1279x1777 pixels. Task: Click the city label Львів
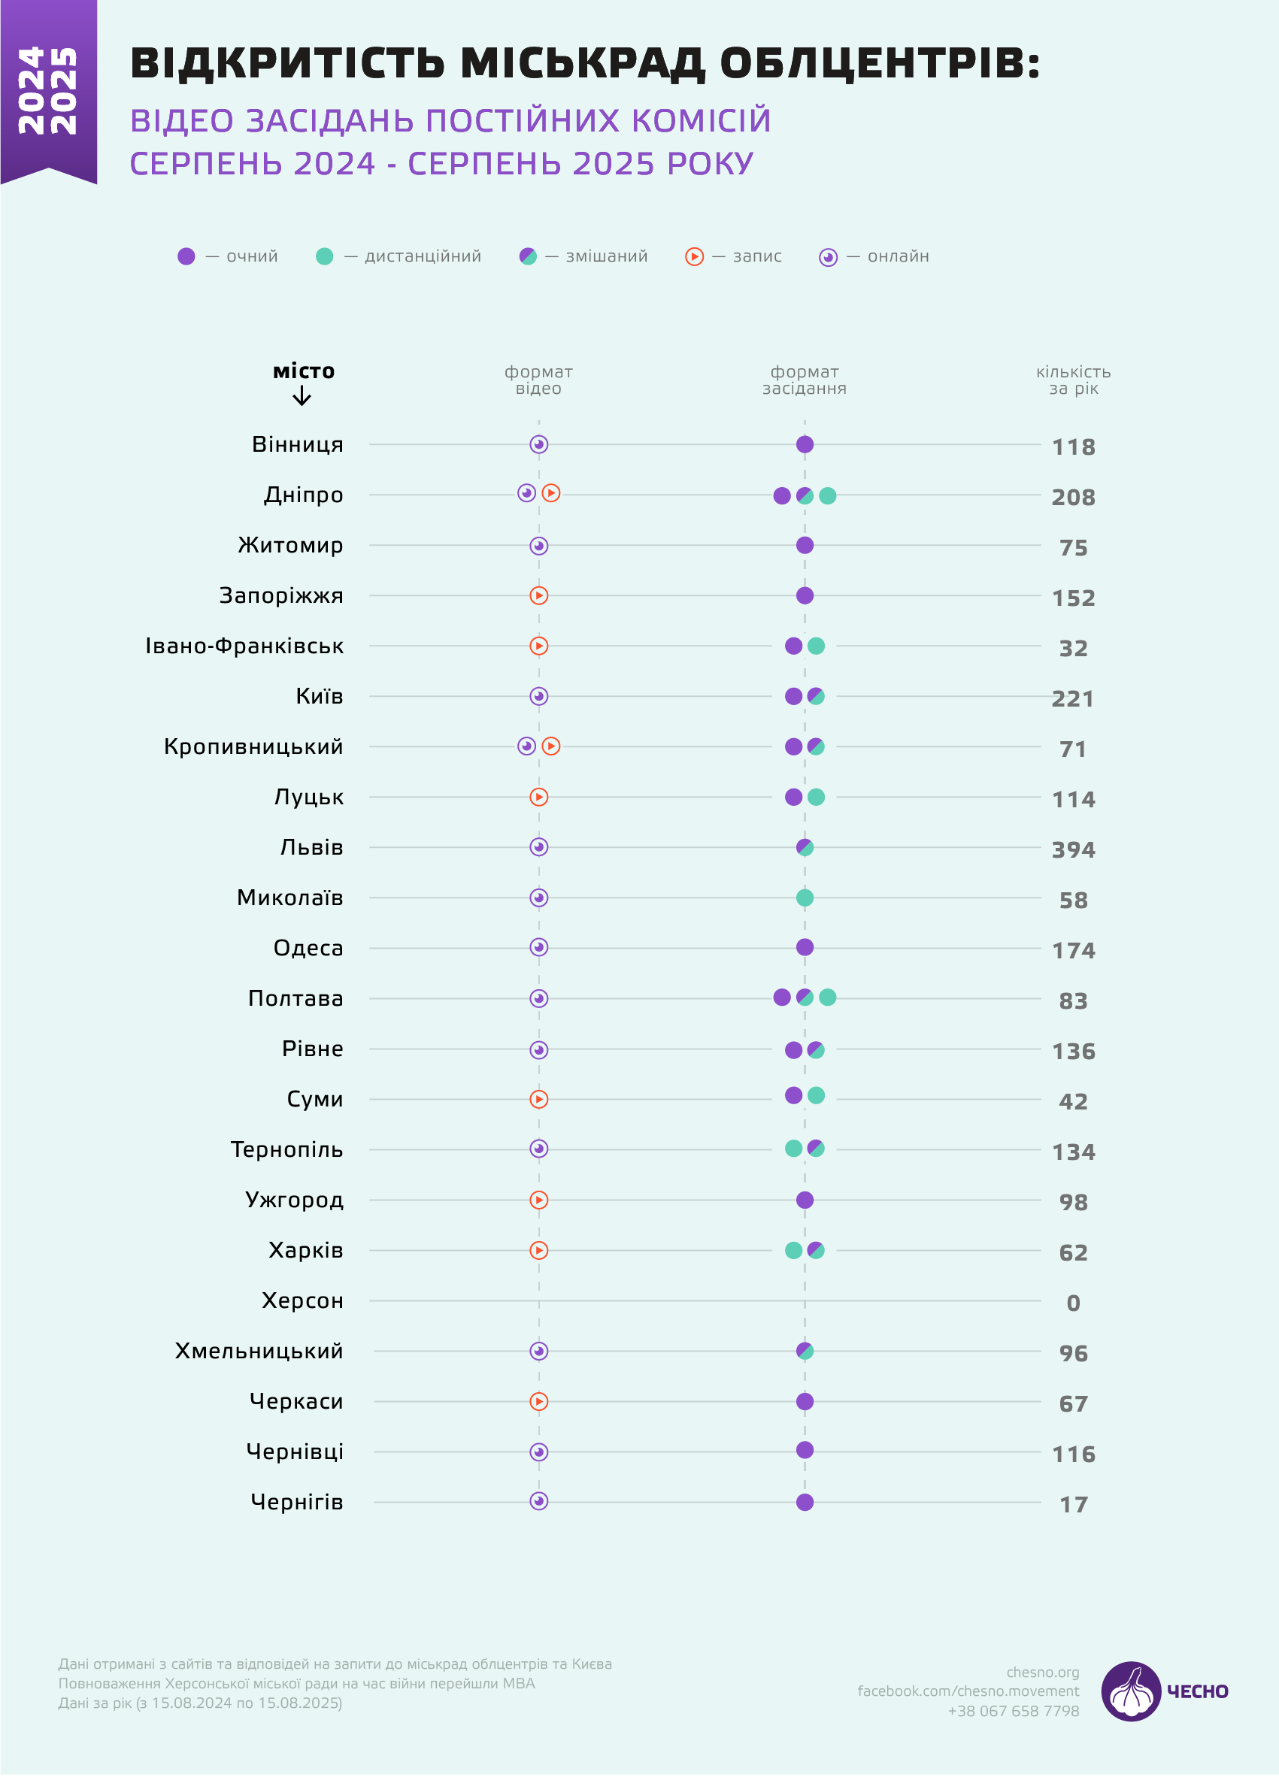312,848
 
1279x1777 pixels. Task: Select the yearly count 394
1073,850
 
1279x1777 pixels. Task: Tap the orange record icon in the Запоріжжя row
538,595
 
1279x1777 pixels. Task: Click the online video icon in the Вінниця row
538,444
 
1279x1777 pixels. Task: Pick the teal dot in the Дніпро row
828,495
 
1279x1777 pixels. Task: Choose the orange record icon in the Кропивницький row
551,746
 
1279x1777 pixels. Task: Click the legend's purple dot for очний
186,256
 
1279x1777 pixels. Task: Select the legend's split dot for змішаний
528,256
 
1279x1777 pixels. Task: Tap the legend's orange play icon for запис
694,256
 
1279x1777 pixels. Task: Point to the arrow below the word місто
302,395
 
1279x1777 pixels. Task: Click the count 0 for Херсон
1073,1303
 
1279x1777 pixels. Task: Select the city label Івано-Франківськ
244,646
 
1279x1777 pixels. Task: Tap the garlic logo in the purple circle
1130,1691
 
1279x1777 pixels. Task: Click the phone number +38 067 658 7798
1013,1710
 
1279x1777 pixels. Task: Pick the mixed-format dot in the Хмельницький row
804,1351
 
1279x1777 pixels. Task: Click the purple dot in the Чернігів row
804,1502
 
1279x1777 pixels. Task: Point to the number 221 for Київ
1072,699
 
